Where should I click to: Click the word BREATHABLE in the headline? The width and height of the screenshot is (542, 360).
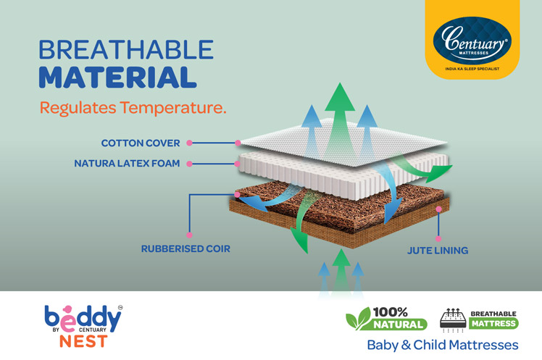pos(126,50)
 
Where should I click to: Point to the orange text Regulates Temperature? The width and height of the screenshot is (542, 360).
pos(133,109)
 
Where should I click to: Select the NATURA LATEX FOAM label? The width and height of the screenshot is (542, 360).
pos(128,164)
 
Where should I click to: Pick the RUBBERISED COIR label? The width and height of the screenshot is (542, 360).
pos(185,250)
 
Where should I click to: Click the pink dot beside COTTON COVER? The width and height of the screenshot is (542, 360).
pos(188,143)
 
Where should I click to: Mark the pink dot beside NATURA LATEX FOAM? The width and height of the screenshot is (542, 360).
pos(188,164)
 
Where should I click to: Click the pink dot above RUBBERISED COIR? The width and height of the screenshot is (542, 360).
pos(188,234)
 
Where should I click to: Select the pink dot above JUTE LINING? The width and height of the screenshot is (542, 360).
pos(438,237)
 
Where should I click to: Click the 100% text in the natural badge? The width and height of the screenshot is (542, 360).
pos(391,312)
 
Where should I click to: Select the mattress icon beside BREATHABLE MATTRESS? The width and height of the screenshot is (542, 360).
pos(453,319)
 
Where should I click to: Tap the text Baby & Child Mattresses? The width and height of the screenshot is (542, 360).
pos(442,344)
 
